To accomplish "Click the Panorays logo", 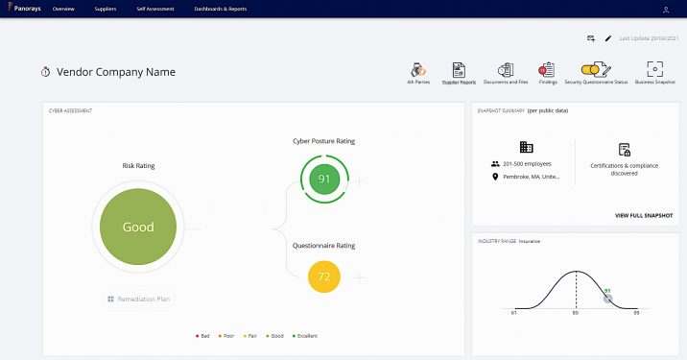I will click(22, 9).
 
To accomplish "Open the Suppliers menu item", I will click(106, 9).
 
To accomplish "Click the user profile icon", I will click(666, 10).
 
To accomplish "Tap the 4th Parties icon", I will click(417, 70).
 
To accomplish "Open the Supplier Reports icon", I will click(459, 70).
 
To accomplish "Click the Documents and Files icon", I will click(506, 70).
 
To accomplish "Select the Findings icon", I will click(548, 70).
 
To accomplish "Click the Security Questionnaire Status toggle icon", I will click(595, 69).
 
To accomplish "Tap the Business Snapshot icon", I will click(655, 70).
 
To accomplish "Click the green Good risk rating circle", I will click(138, 228).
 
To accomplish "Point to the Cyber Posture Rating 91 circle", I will click(324, 179).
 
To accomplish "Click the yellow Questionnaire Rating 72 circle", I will click(324, 276).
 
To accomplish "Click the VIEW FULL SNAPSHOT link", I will click(644, 215).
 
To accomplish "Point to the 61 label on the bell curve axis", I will click(514, 314).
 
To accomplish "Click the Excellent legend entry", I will click(304, 336).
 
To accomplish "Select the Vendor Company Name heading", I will click(116, 72).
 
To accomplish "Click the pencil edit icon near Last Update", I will click(607, 38).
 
